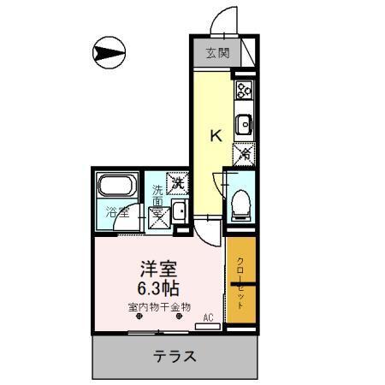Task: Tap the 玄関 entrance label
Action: [217, 54]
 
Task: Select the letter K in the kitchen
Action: [216, 134]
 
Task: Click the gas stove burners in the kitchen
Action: [244, 88]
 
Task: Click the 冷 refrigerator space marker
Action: [244, 155]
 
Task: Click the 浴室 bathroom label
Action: [117, 211]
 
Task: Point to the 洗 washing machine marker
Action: [177, 181]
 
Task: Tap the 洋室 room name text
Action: [159, 267]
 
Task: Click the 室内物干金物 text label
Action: [159, 306]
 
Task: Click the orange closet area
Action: [240, 282]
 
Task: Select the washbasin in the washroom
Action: [181, 213]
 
